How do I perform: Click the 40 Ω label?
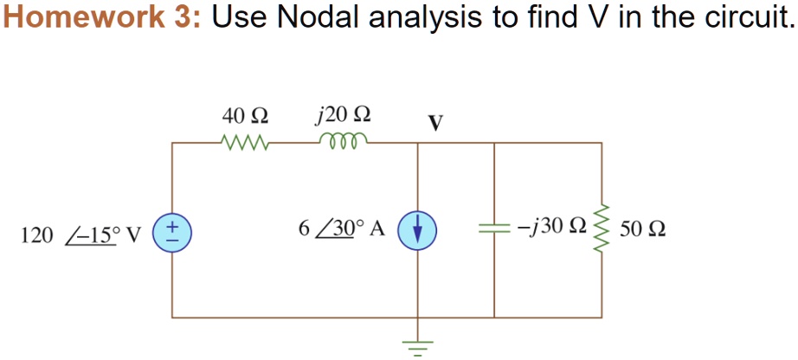pos(245,117)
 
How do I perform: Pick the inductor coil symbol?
pos(342,140)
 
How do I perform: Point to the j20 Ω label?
pos(342,117)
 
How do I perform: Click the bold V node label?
pos(434,123)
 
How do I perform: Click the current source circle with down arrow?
pos(417,232)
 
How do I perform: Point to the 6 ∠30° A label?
pos(342,229)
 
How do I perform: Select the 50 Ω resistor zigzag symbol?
pos(602,228)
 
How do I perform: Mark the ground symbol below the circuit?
pos(418,347)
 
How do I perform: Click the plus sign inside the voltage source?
pos(171,224)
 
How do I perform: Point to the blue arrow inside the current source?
pos(418,233)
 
